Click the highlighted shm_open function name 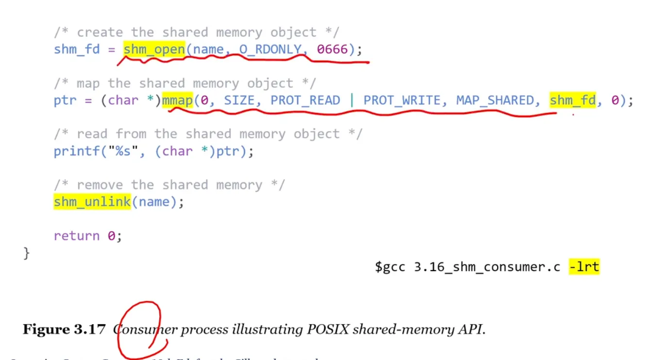coord(154,49)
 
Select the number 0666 coord(333,49)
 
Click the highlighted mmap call coord(177,100)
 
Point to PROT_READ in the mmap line coord(305,100)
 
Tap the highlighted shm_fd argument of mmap coord(572,100)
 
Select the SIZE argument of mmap coord(239,100)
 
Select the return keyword coord(77,236)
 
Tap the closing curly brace coord(27,253)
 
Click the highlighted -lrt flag coord(584,266)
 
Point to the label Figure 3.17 coord(64,329)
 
